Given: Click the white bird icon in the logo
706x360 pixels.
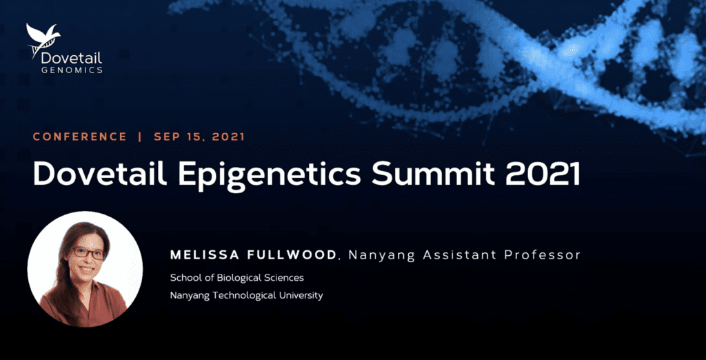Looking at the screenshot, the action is coord(43,39).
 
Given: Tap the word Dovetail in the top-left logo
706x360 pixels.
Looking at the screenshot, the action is coord(72,58).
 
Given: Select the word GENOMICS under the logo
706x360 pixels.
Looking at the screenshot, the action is coord(72,70).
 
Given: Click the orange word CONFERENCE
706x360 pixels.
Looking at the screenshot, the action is coord(80,137).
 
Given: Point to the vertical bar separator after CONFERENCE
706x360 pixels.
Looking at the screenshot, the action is coord(141,137).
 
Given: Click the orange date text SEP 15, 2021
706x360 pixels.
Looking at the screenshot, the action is coord(199,137).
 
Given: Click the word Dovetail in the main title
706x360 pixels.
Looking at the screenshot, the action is coord(100,174).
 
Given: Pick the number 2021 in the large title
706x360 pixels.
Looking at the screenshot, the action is coord(542,174).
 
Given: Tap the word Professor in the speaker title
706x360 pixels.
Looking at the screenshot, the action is coord(542,255).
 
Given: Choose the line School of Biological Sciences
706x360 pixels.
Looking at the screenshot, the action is coord(237,277).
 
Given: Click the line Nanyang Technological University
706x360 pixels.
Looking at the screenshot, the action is coord(246,296).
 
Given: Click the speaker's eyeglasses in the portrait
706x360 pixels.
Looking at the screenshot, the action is coord(88,253).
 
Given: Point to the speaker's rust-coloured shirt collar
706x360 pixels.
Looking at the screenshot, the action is coord(92,288).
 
